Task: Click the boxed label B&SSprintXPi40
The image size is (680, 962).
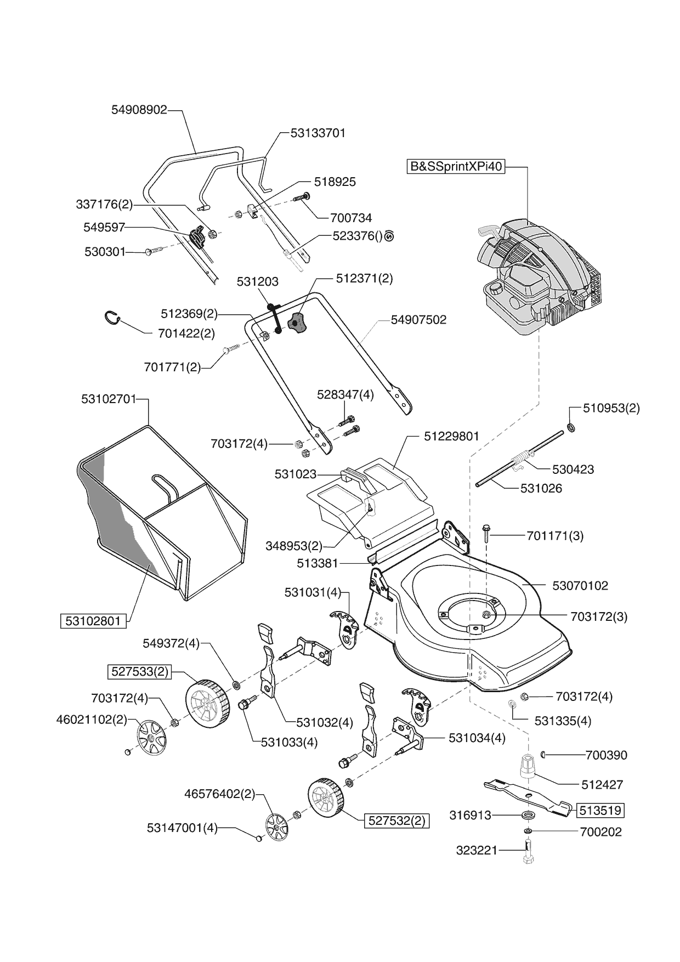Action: pos(456,166)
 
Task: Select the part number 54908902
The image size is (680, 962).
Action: pos(139,110)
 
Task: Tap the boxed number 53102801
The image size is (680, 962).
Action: pos(93,621)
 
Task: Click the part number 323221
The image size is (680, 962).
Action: pos(477,851)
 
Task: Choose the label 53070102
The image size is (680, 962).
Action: pos(580,586)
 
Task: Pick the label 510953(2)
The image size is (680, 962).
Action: pos(611,408)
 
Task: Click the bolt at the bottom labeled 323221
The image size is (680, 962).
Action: pos(528,853)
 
